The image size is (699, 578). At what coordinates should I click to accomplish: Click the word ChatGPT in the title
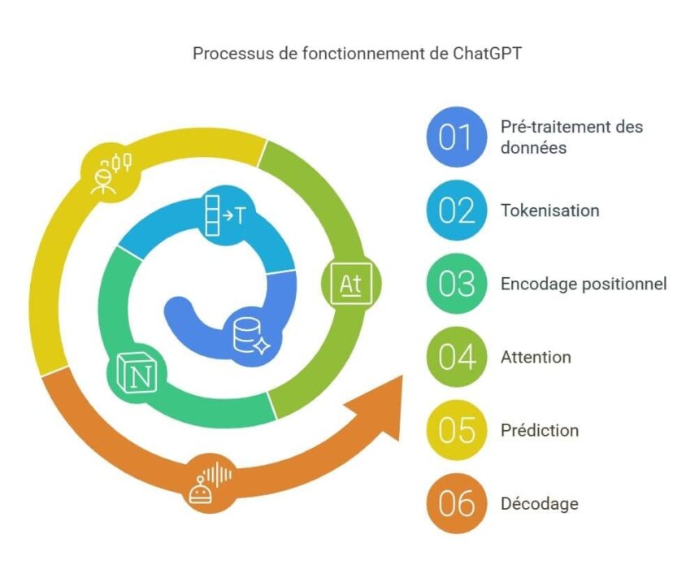[487, 54]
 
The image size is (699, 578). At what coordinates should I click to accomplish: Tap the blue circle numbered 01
[456, 137]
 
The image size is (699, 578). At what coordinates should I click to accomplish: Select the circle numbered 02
[456, 211]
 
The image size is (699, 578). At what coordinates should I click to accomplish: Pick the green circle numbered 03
[456, 284]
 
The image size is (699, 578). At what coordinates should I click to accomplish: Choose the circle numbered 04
[456, 357]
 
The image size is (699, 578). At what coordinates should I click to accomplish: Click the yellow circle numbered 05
[456, 430]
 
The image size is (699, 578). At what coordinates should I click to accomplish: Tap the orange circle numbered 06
[456, 503]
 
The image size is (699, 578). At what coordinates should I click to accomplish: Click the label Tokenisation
[549, 211]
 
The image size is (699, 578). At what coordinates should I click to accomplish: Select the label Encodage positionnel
[584, 284]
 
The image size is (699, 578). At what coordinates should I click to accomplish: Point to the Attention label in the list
[536, 357]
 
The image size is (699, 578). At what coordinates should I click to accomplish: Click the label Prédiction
[540, 430]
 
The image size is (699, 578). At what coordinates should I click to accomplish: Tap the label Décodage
[540, 504]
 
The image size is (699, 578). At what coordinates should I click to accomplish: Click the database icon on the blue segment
[251, 336]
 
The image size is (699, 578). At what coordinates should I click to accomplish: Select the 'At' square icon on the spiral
[351, 284]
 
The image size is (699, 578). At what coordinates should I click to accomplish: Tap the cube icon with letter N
[137, 373]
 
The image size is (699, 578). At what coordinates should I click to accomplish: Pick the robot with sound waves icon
[210, 483]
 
